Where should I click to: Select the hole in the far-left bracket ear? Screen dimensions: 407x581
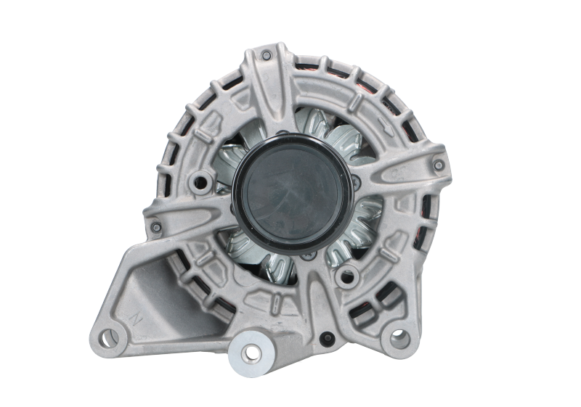click(109, 336)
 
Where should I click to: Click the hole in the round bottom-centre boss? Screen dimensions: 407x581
click(253, 353)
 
